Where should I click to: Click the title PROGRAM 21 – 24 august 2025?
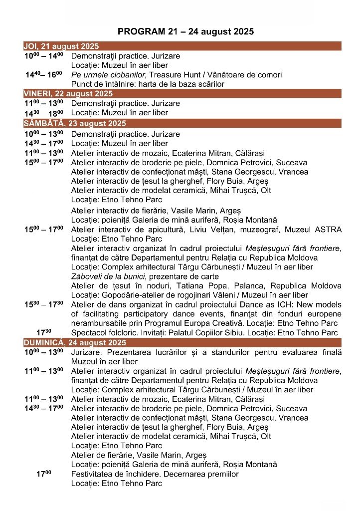(185, 31)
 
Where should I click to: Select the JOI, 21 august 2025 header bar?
(182, 46)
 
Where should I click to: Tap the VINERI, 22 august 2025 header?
(182, 93)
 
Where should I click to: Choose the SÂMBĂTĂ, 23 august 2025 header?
(182, 123)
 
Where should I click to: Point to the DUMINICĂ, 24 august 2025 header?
(182, 343)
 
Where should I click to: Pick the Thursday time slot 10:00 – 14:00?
(44, 55)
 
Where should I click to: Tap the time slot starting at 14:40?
(44, 74)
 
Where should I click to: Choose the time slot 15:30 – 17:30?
(44, 304)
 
